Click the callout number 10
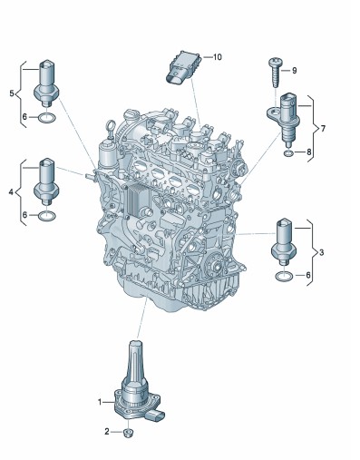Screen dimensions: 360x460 coord(218,57)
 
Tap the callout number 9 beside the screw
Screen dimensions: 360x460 coord(294,71)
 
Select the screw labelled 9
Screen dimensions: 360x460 coord(276,73)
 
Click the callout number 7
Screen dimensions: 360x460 coord(323,129)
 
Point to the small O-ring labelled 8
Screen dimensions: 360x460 coord(288,153)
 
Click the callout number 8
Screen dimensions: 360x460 coord(308,152)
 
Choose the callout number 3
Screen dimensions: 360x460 coord(321,252)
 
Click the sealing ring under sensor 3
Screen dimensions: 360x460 coord(284,276)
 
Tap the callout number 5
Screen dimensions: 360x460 coord(12,93)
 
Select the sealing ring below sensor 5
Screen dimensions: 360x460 coord(47,118)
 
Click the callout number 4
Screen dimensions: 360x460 coord(11,191)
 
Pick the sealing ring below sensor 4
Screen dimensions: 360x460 coord(47,216)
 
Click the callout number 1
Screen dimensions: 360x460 coord(100,402)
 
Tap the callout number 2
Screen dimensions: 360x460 coord(107,432)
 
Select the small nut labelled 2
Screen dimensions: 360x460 coord(129,433)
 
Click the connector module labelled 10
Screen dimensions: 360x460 coord(183,67)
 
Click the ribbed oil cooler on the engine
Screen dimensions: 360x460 coord(138,200)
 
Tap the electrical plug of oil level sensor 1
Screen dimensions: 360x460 coord(155,416)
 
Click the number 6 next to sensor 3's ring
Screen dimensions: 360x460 coord(308,275)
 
